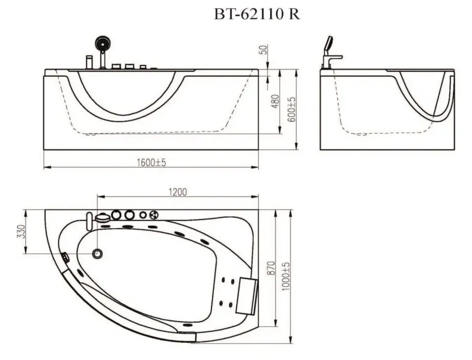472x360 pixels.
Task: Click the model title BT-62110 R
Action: pyautogui.click(x=256, y=14)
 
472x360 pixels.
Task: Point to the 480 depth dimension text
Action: pyautogui.click(x=276, y=101)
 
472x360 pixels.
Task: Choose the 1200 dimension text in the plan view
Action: pyautogui.click(x=178, y=192)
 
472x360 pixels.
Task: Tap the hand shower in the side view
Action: pyautogui.click(x=328, y=44)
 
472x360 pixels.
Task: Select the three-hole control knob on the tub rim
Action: pyautogui.click(x=154, y=214)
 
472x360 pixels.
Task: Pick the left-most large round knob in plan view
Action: pyautogui.click(x=115, y=214)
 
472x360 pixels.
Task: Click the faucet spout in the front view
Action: pyautogui.click(x=89, y=61)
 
